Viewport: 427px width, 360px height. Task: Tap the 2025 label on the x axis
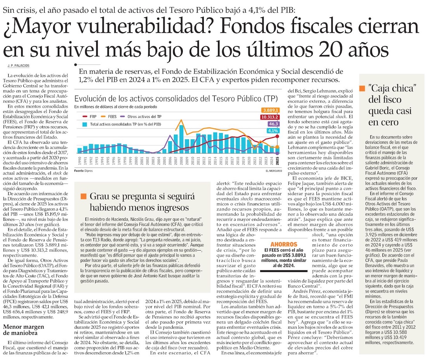click(x=278, y=161)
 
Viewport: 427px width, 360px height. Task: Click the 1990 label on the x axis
click(x=80, y=161)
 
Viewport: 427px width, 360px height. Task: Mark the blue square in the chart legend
click(x=85, y=125)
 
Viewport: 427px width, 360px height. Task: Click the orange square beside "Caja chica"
click(x=362, y=89)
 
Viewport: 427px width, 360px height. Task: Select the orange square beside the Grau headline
click(x=83, y=197)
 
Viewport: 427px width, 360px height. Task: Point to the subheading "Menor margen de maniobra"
click(x=26, y=330)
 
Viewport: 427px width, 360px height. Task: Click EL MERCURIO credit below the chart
click(x=274, y=171)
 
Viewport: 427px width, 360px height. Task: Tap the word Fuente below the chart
click(x=80, y=171)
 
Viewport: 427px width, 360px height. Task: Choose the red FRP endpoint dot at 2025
click(x=278, y=136)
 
